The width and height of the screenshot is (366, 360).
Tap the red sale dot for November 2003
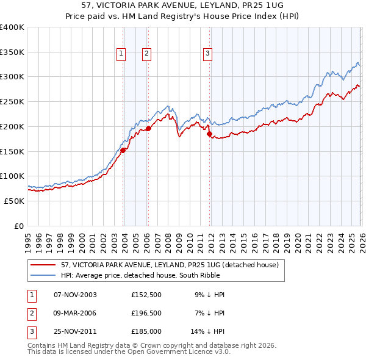(x=123, y=149)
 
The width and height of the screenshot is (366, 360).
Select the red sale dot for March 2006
(x=148, y=129)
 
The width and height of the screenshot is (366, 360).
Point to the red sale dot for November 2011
(x=209, y=134)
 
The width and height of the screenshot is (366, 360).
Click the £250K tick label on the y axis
(x=12, y=102)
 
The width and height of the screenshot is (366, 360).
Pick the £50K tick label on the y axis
(x=15, y=201)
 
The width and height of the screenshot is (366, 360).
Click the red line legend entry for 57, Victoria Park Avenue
(x=170, y=265)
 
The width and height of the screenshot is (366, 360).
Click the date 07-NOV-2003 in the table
(x=75, y=295)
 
